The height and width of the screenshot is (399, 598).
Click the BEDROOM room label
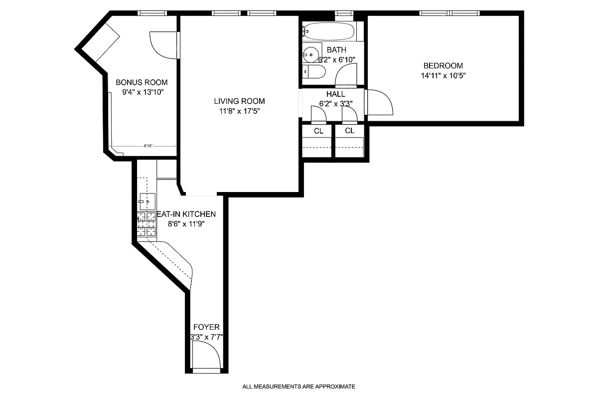[443, 65]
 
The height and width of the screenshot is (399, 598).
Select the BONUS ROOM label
[142, 82]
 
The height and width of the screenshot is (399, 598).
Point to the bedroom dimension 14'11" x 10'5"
[443, 76]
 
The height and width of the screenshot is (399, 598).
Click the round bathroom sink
[312, 54]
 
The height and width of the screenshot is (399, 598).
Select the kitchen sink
[147, 201]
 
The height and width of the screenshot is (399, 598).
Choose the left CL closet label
[318, 131]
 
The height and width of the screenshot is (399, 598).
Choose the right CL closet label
[350, 131]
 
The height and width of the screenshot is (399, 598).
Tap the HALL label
[335, 94]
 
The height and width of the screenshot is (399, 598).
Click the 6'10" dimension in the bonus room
[148, 146]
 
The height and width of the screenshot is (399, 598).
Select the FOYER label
[206, 327]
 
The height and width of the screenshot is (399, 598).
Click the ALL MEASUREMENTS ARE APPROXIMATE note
[299, 387]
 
